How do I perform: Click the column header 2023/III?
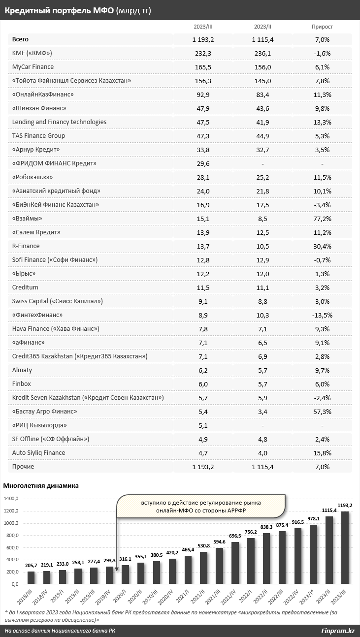click(x=203, y=27)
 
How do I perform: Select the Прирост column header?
click(x=322, y=27)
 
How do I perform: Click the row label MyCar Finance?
click(x=33, y=67)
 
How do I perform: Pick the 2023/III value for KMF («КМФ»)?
click(x=203, y=53)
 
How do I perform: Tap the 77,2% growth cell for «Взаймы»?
click(x=323, y=219)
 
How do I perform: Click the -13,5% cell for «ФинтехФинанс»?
click(x=323, y=315)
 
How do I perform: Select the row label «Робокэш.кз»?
click(x=33, y=177)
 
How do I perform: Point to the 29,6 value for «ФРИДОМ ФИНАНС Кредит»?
click(x=203, y=163)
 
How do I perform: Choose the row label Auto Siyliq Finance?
click(x=38, y=453)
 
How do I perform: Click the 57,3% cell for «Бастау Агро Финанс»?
click(x=323, y=412)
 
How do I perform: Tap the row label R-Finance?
click(x=26, y=246)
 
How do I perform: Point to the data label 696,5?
click(x=235, y=536)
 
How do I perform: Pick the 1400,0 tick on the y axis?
click(x=11, y=499)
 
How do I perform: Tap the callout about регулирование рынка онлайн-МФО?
click(x=201, y=506)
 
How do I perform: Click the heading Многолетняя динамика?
click(x=41, y=486)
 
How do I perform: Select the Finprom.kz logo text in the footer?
click(x=338, y=631)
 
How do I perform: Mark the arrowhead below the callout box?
click(x=117, y=569)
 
